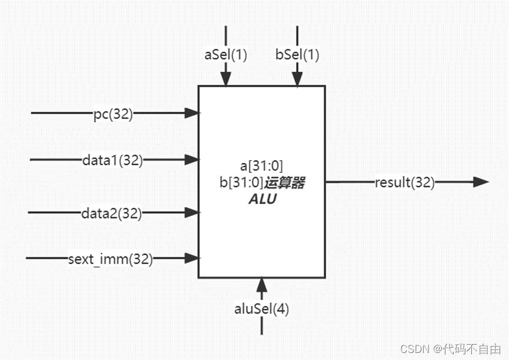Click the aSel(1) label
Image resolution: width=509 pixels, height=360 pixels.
click(x=225, y=55)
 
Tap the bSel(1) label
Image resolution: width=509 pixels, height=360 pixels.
click(x=297, y=55)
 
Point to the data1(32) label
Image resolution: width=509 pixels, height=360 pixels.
click(x=112, y=159)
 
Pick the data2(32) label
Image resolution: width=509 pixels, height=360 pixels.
click(x=112, y=214)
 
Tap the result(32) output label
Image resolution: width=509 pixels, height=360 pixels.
click(x=404, y=182)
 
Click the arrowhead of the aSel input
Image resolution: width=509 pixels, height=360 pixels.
click(x=226, y=79)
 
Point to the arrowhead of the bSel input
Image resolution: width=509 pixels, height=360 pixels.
click(x=298, y=79)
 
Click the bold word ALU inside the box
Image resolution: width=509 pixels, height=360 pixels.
click(x=261, y=199)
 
